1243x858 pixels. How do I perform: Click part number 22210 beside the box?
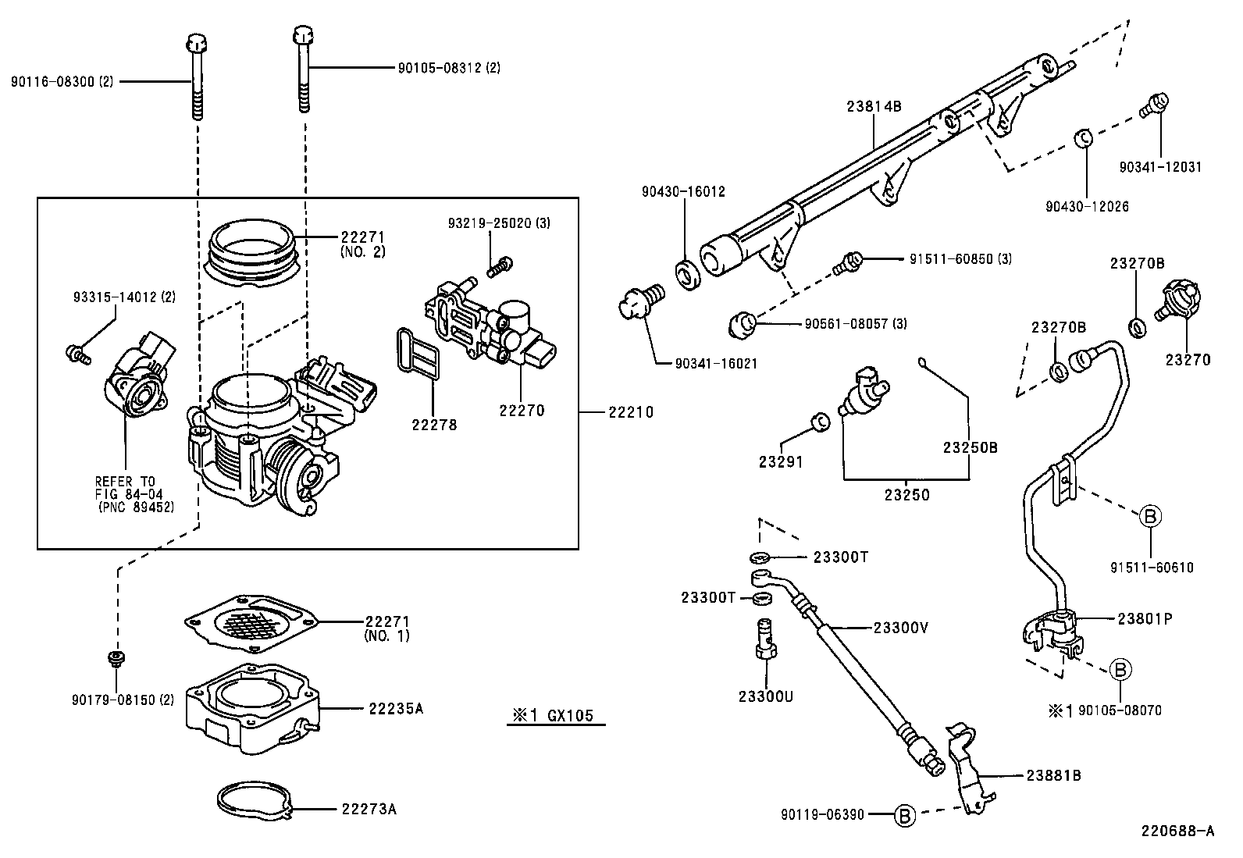[631, 412]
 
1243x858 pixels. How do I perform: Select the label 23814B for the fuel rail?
[874, 107]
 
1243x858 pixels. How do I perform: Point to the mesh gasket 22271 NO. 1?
[251, 621]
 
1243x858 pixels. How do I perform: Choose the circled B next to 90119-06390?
[903, 815]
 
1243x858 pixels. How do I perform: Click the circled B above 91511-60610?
[1151, 516]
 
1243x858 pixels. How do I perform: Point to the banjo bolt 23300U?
[765, 639]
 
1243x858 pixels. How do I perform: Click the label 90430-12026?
[1088, 207]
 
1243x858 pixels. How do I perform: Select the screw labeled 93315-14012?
[78, 354]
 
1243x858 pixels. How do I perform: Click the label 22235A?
[395, 709]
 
